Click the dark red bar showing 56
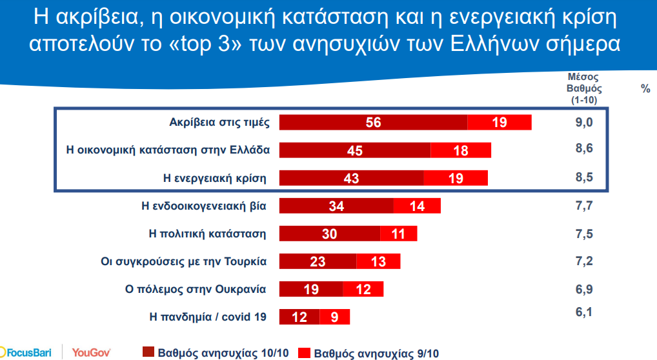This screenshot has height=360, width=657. point(373,122)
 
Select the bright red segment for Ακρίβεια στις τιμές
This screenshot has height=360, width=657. point(499,122)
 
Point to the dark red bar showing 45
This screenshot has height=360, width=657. point(354,150)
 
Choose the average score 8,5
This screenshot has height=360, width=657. point(583,177)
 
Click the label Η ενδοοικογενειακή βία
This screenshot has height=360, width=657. point(205,206)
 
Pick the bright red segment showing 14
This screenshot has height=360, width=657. point(417,206)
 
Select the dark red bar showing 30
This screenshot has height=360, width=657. point(329,234)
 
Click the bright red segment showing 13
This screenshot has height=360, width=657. point(378,261)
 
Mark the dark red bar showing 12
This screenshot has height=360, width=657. point(299,317)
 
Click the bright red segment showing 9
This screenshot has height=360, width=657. point(334,317)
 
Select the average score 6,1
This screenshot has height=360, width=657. point(583,312)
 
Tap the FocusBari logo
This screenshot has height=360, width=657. point(26,352)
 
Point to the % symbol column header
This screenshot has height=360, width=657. point(645,89)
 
